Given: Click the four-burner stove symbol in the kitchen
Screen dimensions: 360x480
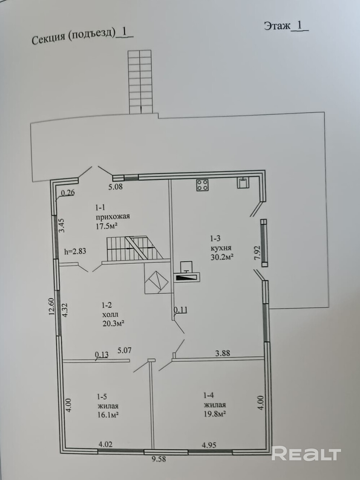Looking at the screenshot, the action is click(x=202, y=185).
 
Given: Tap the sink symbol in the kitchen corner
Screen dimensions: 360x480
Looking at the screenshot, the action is click(x=243, y=182).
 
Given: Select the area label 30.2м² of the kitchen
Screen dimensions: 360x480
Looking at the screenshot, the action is click(x=221, y=257).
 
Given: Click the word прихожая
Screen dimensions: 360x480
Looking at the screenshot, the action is click(x=113, y=217).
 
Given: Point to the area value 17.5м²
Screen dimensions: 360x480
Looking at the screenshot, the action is click(x=106, y=226).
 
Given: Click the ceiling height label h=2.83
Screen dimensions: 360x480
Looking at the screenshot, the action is click(x=75, y=251).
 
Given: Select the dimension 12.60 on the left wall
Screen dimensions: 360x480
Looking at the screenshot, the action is click(x=52, y=306).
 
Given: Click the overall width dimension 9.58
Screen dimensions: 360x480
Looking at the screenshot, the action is click(x=159, y=459).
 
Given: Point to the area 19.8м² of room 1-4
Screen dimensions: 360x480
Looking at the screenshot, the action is click(x=215, y=414).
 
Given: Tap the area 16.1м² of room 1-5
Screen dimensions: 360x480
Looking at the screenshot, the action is click(x=108, y=415).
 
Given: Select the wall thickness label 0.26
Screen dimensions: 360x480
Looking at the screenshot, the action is click(x=67, y=193).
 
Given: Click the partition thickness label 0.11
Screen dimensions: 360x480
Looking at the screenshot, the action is click(x=181, y=310).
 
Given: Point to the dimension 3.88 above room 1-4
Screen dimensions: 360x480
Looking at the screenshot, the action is click(x=223, y=353).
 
